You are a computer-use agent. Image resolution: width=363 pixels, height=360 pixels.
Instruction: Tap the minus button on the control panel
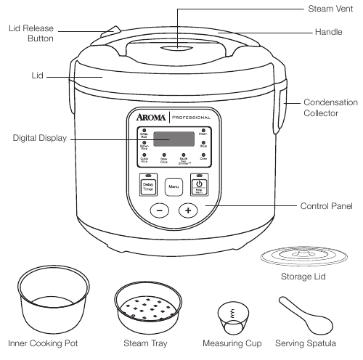(x=160, y=210)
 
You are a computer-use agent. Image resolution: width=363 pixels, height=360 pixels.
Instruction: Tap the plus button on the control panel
(x=188, y=210)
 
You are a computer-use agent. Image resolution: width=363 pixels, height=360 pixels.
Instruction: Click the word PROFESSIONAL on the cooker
(x=192, y=118)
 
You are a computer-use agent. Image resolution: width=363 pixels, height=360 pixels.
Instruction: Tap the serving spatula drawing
(x=300, y=311)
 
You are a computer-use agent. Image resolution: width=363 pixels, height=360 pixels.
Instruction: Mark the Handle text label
(x=328, y=33)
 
